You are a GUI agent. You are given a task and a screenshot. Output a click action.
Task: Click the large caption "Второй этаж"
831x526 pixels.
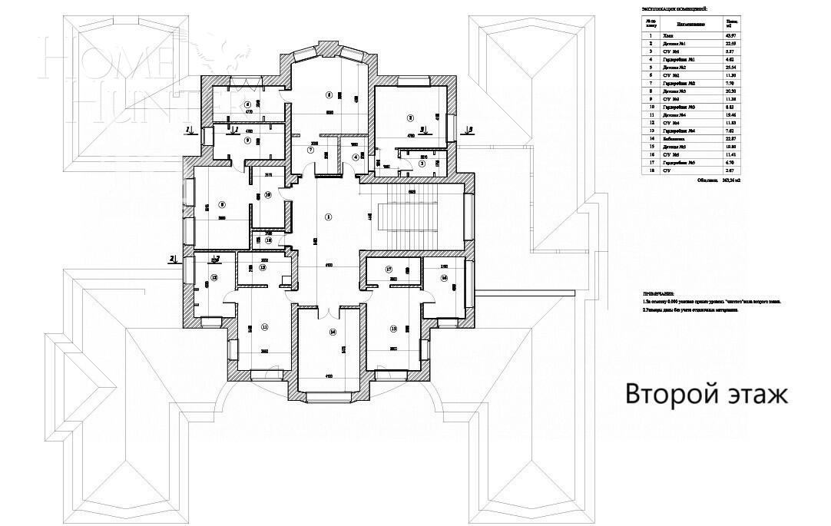point(707,395)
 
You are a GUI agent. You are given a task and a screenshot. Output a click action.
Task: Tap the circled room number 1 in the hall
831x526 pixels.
point(328,217)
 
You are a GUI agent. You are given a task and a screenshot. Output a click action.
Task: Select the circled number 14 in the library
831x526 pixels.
point(332,332)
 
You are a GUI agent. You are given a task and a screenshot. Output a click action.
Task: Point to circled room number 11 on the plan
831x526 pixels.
point(265,327)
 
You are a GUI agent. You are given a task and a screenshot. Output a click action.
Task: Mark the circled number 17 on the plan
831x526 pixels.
point(389,270)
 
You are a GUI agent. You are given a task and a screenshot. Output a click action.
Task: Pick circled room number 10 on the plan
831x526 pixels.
point(268,195)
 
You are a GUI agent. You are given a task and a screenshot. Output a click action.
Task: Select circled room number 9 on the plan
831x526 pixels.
point(247,141)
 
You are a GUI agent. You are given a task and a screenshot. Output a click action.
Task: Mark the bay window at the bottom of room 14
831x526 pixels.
point(327,397)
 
